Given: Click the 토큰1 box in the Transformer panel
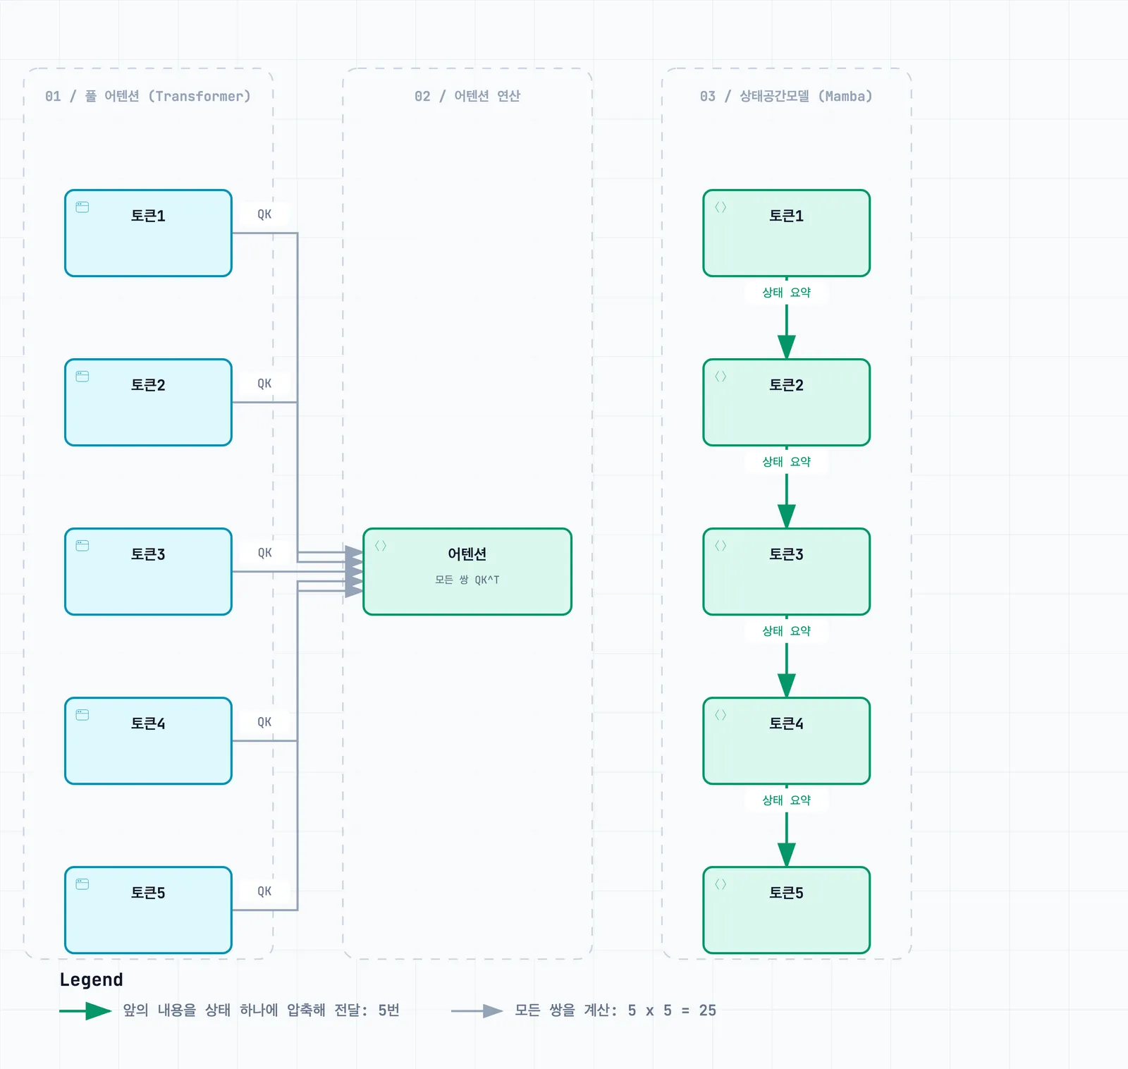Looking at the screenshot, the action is [148, 233].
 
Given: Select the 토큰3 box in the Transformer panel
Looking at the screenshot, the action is [148, 572].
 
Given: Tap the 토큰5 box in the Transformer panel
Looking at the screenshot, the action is [148, 910].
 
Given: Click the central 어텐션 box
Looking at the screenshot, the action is [467, 572].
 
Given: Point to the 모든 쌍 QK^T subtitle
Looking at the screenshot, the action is [467, 580].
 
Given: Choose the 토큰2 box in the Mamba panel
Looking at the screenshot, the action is [787, 403].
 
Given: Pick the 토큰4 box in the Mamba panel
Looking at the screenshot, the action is [787, 741].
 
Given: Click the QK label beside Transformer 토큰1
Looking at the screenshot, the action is [264, 214].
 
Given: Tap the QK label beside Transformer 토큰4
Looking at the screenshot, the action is [264, 722].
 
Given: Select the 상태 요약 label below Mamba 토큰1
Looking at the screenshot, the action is [787, 293].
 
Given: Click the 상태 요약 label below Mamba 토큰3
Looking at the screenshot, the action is [787, 631].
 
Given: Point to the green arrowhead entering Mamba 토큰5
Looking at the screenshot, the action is [787, 855].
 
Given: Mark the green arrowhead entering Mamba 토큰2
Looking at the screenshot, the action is [787, 347].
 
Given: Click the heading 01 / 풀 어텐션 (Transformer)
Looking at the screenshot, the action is [148, 96].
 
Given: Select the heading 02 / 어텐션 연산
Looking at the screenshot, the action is [467, 96].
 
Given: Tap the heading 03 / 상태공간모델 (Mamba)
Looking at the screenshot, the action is [787, 96].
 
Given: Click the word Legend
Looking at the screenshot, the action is [92, 979].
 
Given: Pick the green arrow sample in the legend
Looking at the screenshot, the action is [85, 1011].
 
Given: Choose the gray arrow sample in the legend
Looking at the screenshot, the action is [477, 1011].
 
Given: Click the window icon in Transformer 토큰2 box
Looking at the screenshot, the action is [82, 377].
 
